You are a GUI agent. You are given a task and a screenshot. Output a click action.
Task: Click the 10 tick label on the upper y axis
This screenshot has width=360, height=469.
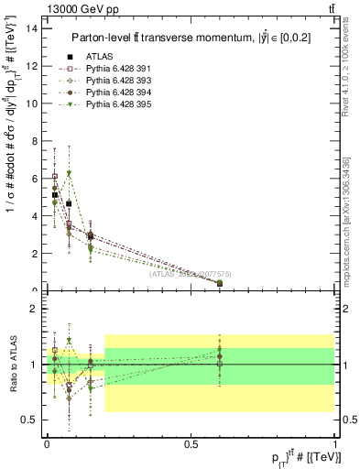click(31, 104)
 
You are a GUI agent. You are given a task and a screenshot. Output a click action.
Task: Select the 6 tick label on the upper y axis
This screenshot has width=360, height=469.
click(34, 179)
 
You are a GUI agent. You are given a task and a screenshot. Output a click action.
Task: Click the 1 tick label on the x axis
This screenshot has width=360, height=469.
click(333, 442)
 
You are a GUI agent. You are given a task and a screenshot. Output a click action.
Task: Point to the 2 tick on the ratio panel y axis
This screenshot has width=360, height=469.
click(34, 309)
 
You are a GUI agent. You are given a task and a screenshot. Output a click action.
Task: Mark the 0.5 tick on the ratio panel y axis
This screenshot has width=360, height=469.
click(30, 420)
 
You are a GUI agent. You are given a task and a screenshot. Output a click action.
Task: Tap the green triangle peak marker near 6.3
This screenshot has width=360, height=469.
click(69, 173)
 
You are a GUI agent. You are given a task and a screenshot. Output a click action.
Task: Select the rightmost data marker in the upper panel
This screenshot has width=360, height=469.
click(220, 283)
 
